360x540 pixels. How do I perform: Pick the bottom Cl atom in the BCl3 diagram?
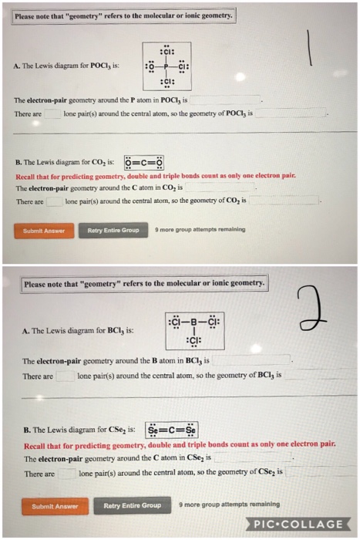pyautogui.click(x=195, y=341)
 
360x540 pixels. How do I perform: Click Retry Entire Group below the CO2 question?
pyautogui.click(x=113, y=230)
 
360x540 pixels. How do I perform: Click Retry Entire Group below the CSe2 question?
pyautogui.click(x=133, y=505)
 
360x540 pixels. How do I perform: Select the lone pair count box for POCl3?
pyautogui.click(x=52, y=113)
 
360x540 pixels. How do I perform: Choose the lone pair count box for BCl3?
pyautogui.click(x=66, y=376)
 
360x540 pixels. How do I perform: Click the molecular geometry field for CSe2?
pyautogui.click(x=316, y=472)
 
